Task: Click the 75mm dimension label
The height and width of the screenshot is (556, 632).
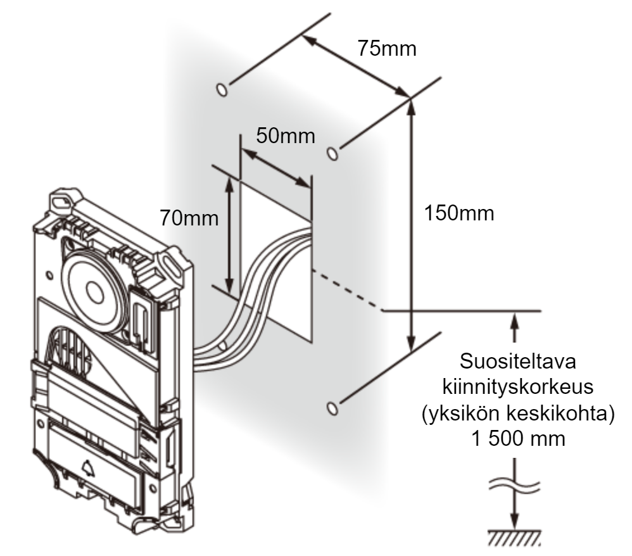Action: coord(387,49)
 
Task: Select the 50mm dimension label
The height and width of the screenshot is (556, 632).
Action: coord(286,136)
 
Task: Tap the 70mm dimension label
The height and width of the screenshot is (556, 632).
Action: coord(189,218)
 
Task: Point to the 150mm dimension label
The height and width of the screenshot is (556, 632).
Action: coord(459,213)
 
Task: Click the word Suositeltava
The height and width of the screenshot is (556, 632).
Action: coord(518,361)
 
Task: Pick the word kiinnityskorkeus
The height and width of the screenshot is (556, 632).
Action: coord(518,387)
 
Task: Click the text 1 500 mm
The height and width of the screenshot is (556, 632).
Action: coord(518,439)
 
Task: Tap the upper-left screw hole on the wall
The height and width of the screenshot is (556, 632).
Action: coord(222,89)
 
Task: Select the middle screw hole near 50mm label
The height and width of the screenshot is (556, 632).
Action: coord(332,154)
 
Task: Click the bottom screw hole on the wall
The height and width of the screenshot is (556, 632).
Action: coord(332,408)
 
